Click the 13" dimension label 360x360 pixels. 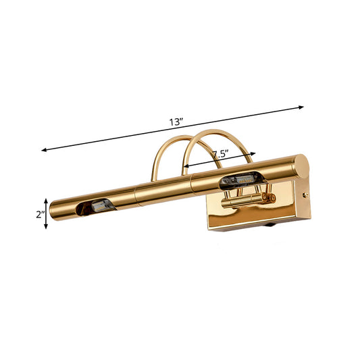click(177, 123)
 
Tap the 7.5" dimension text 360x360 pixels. click(219, 155)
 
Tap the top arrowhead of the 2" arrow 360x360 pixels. click(47, 201)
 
